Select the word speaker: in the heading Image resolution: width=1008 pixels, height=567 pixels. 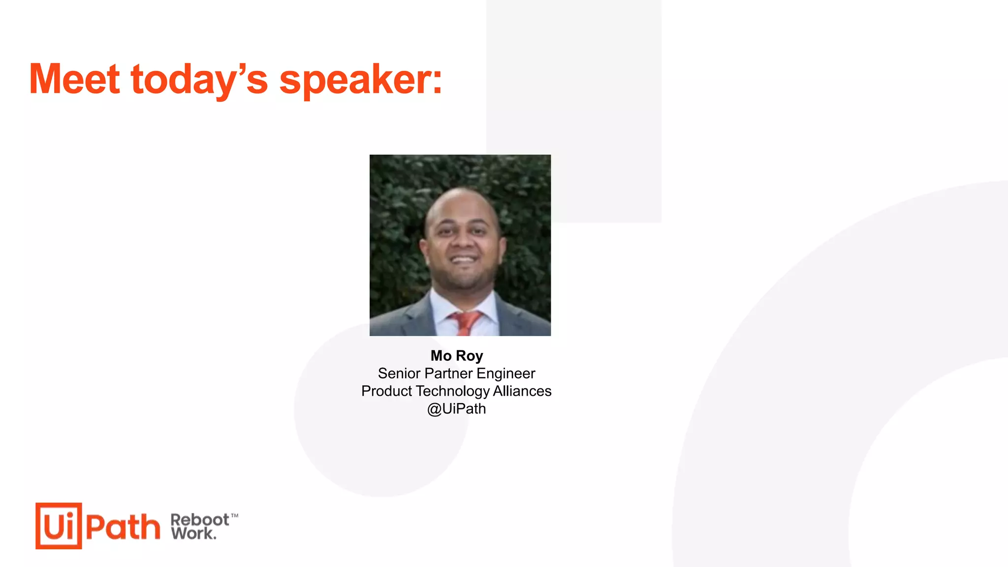[361, 80]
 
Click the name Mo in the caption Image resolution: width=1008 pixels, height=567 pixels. [441, 355]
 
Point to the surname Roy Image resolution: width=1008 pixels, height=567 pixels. [470, 356]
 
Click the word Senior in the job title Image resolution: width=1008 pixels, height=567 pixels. [399, 374]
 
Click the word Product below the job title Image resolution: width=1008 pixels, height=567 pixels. [386, 391]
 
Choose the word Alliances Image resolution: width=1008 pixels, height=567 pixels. [522, 391]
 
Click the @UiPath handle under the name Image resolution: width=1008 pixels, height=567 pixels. [456, 409]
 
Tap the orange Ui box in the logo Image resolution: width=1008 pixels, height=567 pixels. [59, 526]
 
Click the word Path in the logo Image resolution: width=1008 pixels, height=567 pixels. [123, 527]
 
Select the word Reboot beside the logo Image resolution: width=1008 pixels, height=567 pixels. [199, 520]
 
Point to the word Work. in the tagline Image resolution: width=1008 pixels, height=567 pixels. [194, 534]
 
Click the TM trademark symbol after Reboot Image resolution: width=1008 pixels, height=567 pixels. [235, 516]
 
